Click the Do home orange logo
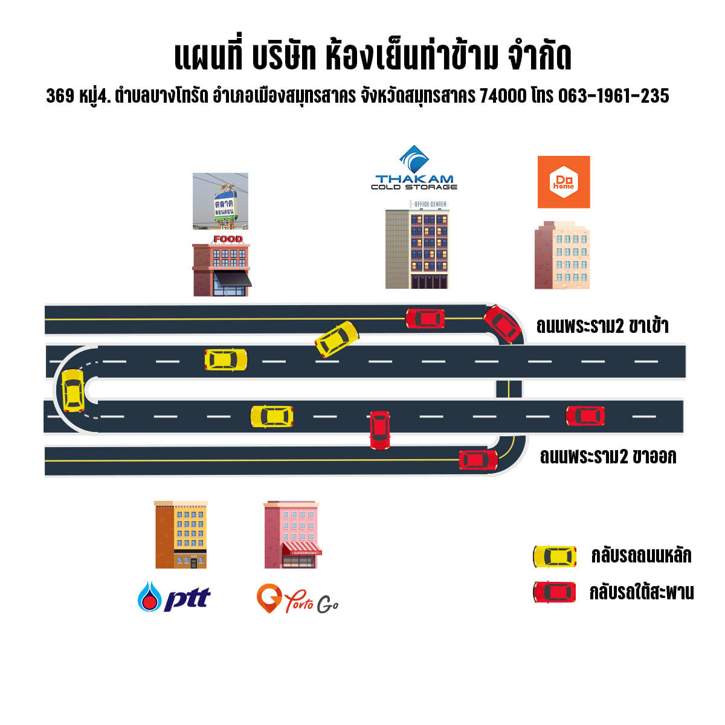coord(564,182)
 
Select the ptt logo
coord(174,597)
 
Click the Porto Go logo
coord(297,599)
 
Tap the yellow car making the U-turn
coord(73,390)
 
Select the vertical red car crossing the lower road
coord(379,430)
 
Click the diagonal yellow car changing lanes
coord(337,339)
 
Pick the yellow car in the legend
coord(554,556)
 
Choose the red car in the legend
coord(554,592)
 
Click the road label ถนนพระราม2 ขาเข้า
coord(602,326)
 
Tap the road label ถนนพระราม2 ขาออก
coord(608,456)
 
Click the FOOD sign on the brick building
coord(228,239)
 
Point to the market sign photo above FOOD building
coord(221,201)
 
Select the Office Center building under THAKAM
coord(417,246)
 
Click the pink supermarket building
coord(291,535)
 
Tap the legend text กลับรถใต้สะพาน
coord(642,592)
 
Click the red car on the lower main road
coord(585,416)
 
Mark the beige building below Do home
coord(562,255)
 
